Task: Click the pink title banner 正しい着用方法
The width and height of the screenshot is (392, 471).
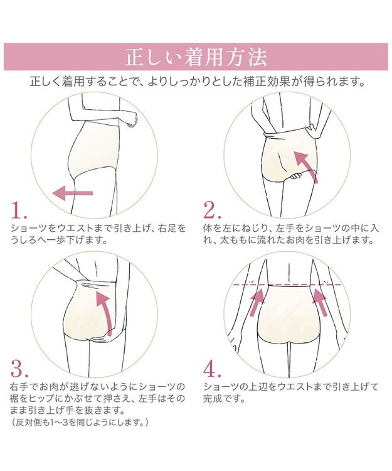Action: click(196, 57)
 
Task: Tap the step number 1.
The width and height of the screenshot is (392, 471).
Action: click(19, 210)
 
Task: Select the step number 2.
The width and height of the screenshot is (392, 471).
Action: click(213, 210)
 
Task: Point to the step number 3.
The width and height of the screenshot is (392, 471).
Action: click(19, 368)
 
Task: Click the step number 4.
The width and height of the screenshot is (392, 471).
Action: click(213, 369)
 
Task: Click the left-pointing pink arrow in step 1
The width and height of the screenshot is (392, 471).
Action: click(73, 193)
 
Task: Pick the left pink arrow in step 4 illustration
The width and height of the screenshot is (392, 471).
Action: click(257, 302)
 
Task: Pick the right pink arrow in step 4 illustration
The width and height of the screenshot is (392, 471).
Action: click(320, 302)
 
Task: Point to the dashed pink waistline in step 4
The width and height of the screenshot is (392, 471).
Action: click(287, 284)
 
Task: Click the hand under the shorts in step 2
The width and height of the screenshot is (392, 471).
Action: click(296, 176)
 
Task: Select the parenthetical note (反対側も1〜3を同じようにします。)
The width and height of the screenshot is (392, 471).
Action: click(80, 423)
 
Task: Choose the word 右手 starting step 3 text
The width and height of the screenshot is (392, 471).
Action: click(20, 387)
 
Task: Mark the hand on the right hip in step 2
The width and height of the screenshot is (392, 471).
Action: click(312, 132)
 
